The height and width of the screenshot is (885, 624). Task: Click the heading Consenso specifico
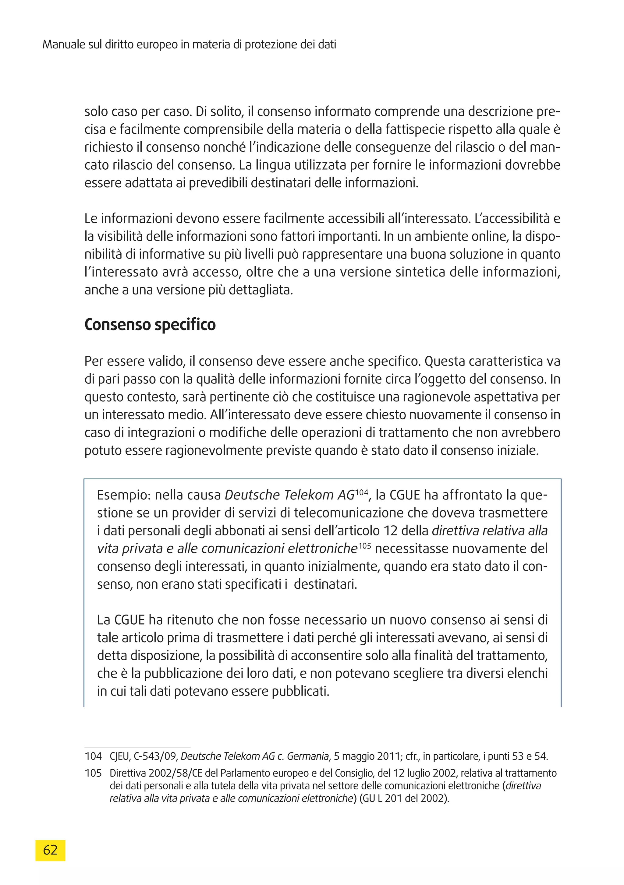click(x=150, y=325)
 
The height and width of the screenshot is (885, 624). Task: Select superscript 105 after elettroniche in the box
click(x=364, y=546)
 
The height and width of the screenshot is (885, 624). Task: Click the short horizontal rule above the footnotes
click(x=138, y=747)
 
